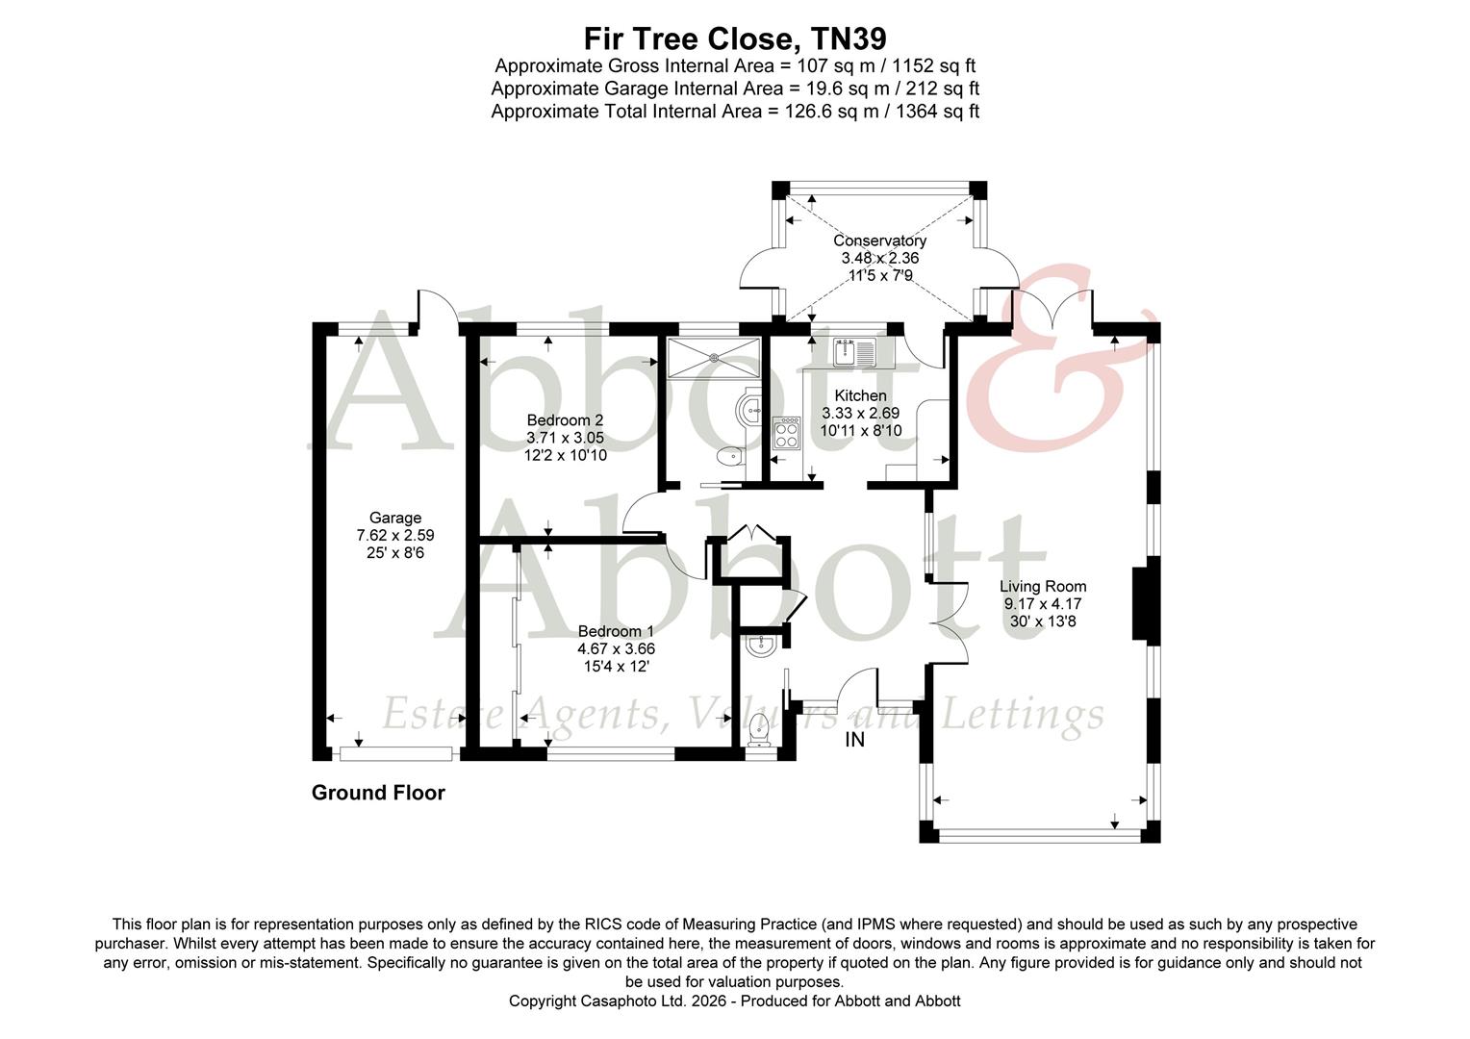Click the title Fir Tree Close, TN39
click(735, 38)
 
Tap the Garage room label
click(395, 518)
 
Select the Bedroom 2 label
click(565, 419)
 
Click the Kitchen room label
click(860, 395)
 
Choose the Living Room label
click(1043, 586)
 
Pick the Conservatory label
click(879, 241)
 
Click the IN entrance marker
click(854, 740)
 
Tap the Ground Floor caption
click(378, 793)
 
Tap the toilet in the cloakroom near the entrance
click(760, 730)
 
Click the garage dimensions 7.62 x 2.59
click(395, 535)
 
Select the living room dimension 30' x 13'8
click(1043, 621)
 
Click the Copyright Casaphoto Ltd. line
click(735, 1001)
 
